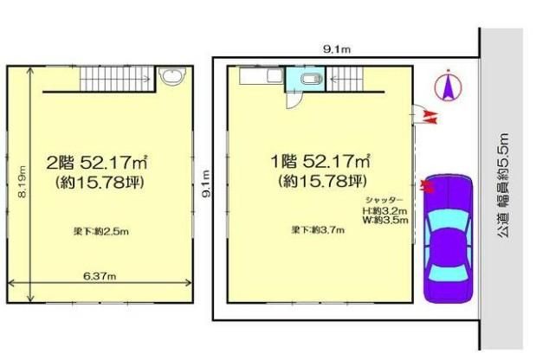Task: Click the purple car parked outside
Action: pos(448,239)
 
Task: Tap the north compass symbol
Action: pos(448,85)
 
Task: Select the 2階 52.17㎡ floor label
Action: pos(97,163)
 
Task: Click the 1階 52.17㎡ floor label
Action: pos(320,161)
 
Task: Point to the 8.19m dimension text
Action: pos(23,182)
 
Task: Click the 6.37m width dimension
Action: pos(100,276)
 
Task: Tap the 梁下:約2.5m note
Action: pos(101,231)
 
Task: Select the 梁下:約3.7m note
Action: pos(318,230)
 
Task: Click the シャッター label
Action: pos(385,200)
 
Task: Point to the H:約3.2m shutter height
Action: pos(385,210)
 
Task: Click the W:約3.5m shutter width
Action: pos(385,220)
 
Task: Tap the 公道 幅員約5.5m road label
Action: pos(503,186)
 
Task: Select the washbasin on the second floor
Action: pos(172,76)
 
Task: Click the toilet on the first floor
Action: pos(312,80)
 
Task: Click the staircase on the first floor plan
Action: pos(345,79)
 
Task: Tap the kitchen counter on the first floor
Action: pos(262,76)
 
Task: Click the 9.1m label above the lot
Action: pos(337,49)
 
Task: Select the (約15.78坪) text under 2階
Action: pos(100,183)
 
